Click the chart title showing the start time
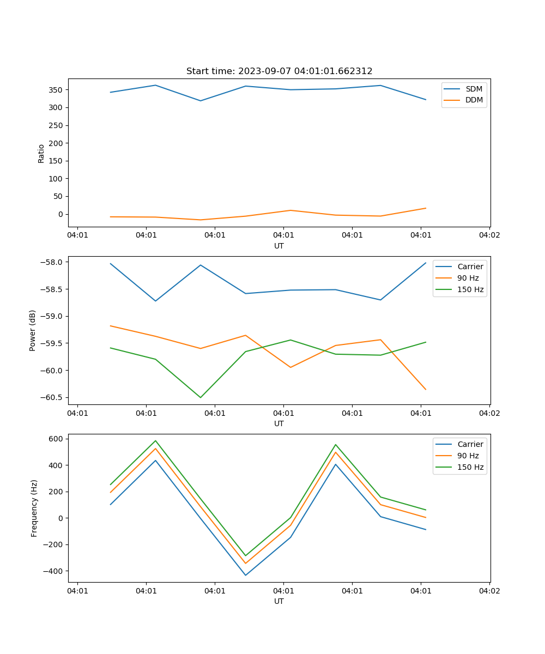279,71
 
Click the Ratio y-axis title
41,153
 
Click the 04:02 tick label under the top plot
489,235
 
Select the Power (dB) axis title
33,330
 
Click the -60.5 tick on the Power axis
52,397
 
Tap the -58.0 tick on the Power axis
52,262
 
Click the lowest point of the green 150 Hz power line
201,397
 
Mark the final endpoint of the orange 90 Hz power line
426,389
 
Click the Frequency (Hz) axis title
34,508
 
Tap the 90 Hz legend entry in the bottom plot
468,456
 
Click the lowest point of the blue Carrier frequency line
246,575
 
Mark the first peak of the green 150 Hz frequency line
155,441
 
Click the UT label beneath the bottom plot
278,601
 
